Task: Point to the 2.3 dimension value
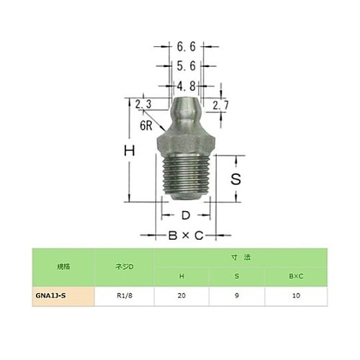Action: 142,104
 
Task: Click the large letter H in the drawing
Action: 130,152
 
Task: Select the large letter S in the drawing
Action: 234,178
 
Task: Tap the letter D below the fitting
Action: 185,215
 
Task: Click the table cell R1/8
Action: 124,295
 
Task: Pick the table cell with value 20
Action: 181,295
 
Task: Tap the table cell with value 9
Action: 237,295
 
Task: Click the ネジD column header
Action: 124,266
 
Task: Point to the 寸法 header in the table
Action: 237,256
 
